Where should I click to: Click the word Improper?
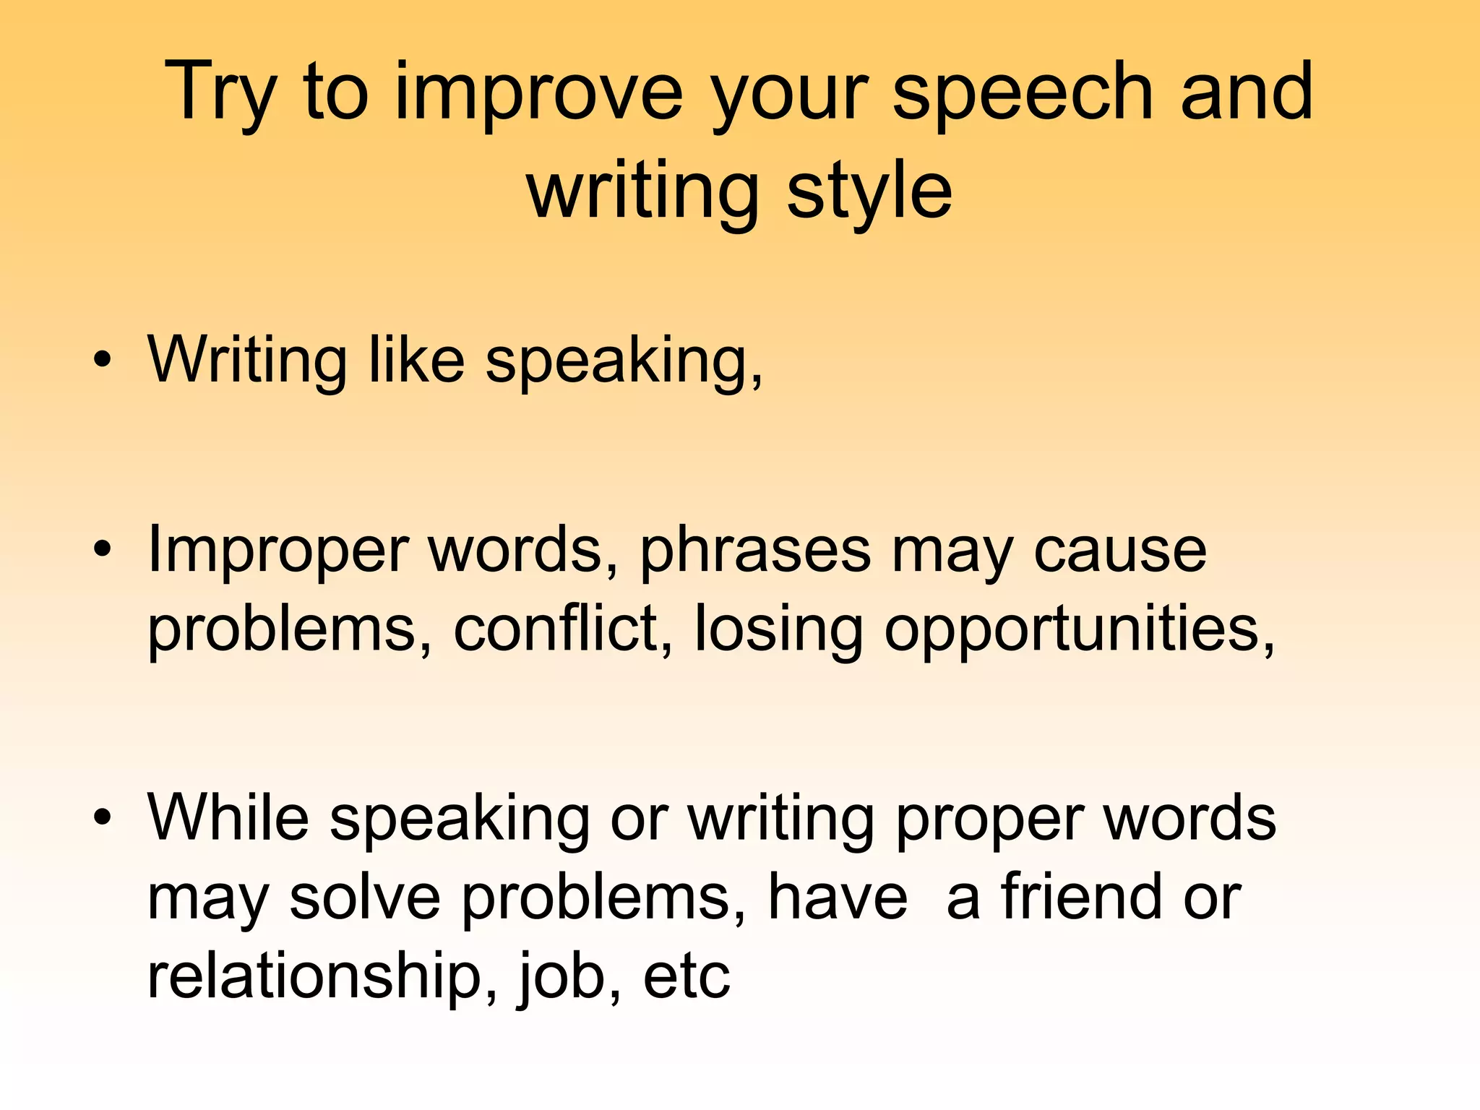(278, 551)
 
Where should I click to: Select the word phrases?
(755, 551)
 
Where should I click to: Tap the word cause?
(1120, 551)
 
